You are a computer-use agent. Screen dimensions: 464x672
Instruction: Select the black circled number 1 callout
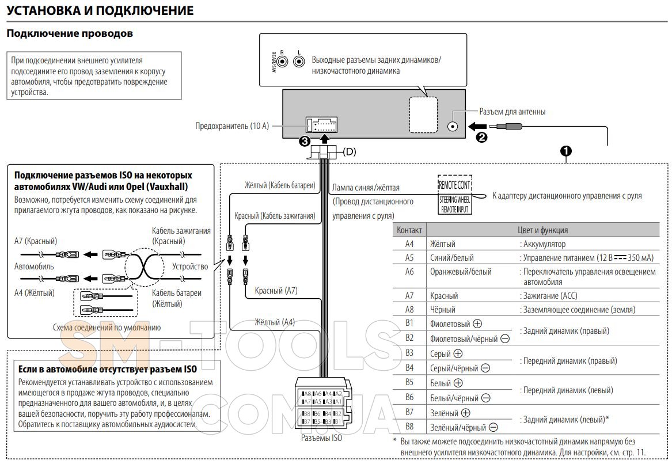click(x=567, y=151)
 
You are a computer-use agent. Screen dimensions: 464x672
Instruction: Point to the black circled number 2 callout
click(x=481, y=137)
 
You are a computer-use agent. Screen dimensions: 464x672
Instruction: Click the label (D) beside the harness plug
click(x=350, y=153)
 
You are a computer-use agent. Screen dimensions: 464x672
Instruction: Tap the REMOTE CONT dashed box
click(x=454, y=185)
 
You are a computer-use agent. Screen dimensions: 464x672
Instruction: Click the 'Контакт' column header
click(x=409, y=230)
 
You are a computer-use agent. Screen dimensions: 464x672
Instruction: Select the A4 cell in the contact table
click(x=409, y=244)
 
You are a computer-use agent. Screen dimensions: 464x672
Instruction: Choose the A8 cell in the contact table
click(x=409, y=309)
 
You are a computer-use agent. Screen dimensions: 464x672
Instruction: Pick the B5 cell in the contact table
click(x=409, y=382)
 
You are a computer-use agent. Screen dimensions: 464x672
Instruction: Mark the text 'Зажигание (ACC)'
click(x=550, y=296)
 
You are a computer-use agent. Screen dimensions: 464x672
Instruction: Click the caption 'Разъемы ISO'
click(x=321, y=438)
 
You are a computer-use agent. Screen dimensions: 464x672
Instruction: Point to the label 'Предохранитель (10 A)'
click(x=232, y=125)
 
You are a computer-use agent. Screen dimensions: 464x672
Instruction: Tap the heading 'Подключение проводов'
click(x=70, y=33)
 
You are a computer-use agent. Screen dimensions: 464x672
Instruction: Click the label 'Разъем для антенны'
click(x=512, y=112)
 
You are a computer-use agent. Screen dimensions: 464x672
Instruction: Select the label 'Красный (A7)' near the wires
click(x=276, y=291)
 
